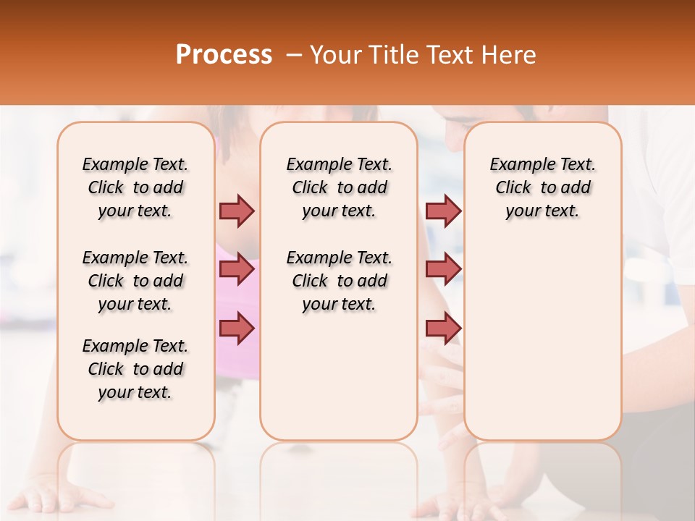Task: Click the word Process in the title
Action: coord(223,55)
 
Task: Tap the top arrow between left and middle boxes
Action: coord(237,211)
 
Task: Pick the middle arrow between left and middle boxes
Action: coord(237,269)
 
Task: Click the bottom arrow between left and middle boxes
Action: coord(237,328)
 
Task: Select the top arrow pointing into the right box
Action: coord(443,211)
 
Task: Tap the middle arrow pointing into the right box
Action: coord(443,269)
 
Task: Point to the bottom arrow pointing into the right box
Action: coord(443,328)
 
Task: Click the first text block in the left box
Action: coord(135,187)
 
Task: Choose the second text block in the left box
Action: coord(135,281)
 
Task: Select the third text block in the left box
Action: coord(135,369)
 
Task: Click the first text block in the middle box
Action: coord(339,187)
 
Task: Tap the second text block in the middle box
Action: coord(339,281)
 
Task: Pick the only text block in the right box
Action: coord(542,187)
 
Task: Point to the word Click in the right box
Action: coord(513,188)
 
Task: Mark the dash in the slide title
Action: coord(293,55)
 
